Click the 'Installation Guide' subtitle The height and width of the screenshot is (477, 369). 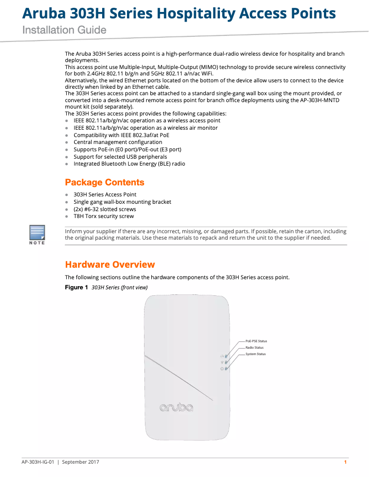click(x=64, y=30)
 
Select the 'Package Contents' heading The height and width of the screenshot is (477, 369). click(x=104, y=183)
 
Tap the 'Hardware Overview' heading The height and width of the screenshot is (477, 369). click(x=110, y=264)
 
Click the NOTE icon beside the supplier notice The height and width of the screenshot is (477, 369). click(x=37, y=235)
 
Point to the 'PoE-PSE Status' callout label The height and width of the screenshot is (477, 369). click(x=256, y=341)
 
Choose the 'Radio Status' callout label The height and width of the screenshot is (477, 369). click(x=254, y=348)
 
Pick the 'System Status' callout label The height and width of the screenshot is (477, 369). click(x=255, y=354)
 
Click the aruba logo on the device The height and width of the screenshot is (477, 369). click(x=176, y=408)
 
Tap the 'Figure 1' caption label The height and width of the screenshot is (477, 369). click(x=76, y=288)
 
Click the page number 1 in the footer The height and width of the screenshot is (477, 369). click(x=345, y=462)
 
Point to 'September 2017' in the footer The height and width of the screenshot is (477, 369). click(x=81, y=462)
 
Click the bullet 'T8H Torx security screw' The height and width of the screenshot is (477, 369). click(x=104, y=216)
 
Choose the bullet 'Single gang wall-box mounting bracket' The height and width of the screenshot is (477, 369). click(x=122, y=202)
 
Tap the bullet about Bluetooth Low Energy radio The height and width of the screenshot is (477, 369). click(x=129, y=164)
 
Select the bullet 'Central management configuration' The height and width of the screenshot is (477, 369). click(x=118, y=143)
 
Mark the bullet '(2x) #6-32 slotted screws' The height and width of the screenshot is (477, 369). click(x=105, y=209)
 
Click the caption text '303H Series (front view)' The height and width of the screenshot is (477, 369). click(x=120, y=288)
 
